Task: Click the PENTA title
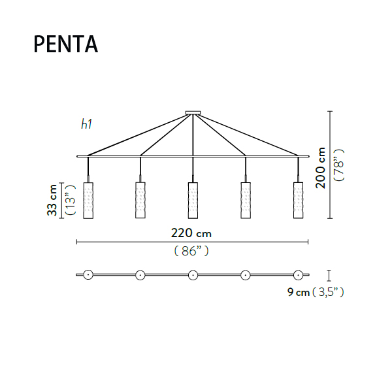(x=66, y=44)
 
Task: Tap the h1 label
(x=86, y=124)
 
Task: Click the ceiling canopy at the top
(x=193, y=113)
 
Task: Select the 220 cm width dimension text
(x=191, y=233)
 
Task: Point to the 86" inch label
(x=191, y=251)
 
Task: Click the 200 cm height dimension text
(x=321, y=168)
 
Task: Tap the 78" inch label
(x=339, y=165)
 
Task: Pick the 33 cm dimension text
(x=52, y=200)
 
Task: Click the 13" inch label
(x=70, y=200)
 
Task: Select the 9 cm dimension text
(x=299, y=292)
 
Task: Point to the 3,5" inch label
(x=328, y=292)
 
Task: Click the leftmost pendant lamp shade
(x=88, y=201)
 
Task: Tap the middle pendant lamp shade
(x=193, y=201)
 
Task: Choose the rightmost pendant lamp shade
(x=298, y=201)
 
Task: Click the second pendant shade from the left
(x=140, y=200)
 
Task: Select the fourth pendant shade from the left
(x=246, y=201)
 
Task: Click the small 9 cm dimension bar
(x=329, y=275)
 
